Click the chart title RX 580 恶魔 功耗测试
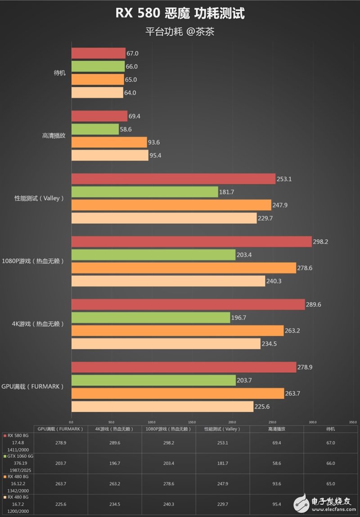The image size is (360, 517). click(x=180, y=13)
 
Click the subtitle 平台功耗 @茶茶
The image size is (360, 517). click(x=180, y=32)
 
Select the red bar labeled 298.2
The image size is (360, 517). click(x=191, y=242)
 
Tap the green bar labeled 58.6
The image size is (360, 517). click(x=95, y=129)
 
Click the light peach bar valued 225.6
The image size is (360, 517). click(x=162, y=407)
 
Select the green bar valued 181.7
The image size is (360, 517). click(x=144, y=192)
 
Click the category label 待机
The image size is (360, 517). click(x=59, y=73)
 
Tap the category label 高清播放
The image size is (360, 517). click(x=54, y=135)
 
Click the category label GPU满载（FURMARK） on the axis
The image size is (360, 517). click(x=32, y=386)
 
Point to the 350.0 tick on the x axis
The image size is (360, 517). click(x=352, y=422)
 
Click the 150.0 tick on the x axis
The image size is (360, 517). click(x=192, y=422)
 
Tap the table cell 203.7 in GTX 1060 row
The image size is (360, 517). click(x=61, y=463)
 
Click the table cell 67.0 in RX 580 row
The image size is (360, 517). click(x=331, y=443)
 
